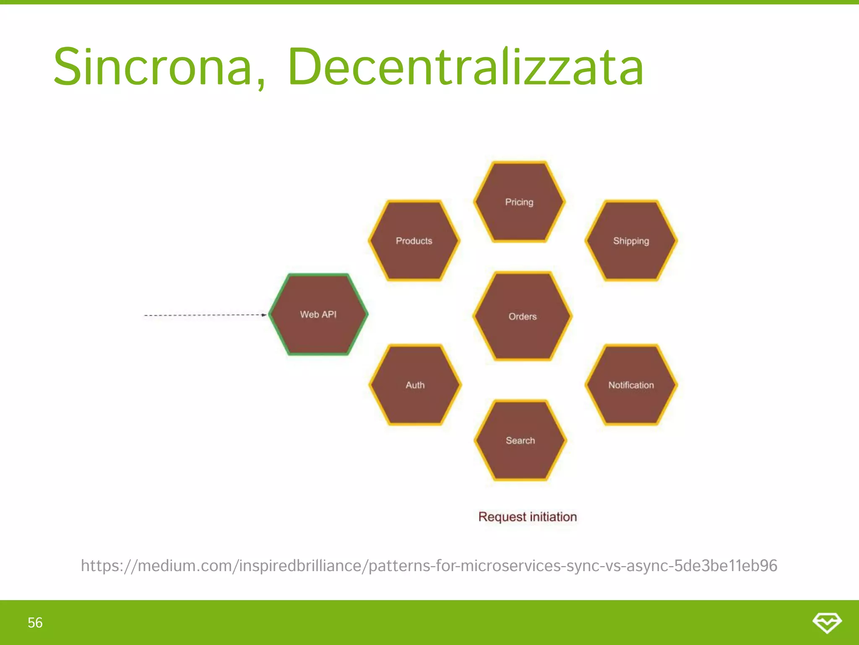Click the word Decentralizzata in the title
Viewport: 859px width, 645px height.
(x=466, y=67)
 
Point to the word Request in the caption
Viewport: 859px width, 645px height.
(x=502, y=517)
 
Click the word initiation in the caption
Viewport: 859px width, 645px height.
(x=553, y=517)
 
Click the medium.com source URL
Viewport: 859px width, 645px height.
(x=429, y=566)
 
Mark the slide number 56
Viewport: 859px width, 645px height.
(x=35, y=622)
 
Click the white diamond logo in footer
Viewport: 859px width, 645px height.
(x=827, y=622)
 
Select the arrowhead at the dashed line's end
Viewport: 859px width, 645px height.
(x=264, y=315)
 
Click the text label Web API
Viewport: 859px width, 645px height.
(x=318, y=315)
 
